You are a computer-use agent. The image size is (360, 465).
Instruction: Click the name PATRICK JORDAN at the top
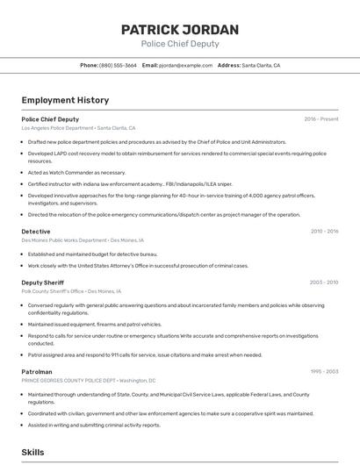[x=180, y=29]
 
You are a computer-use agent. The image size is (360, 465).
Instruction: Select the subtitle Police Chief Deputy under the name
[x=180, y=44]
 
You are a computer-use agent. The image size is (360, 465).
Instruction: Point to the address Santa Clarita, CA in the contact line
[x=261, y=65]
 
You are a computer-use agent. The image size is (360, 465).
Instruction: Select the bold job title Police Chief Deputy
[x=50, y=118]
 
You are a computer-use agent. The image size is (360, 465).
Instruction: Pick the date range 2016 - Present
[x=321, y=118]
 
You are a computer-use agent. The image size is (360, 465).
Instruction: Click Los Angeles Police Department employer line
[x=78, y=128]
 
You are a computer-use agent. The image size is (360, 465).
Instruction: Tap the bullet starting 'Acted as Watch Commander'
[x=76, y=173]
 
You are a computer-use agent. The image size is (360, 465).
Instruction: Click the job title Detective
[x=36, y=231]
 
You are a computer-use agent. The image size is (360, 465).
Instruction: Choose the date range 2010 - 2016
[x=324, y=231]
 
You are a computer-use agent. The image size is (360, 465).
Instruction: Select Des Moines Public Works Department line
[x=82, y=240]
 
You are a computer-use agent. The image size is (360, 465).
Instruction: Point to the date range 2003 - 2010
[x=324, y=282]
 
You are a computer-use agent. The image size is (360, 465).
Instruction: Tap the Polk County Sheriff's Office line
[x=71, y=290]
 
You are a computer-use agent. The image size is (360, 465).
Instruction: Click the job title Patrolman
[x=37, y=371]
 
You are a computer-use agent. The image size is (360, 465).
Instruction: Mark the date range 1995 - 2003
[x=324, y=371]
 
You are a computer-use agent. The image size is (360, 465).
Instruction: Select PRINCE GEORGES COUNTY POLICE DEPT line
[x=88, y=381]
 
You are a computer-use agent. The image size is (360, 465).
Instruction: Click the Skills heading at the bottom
[x=33, y=452]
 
